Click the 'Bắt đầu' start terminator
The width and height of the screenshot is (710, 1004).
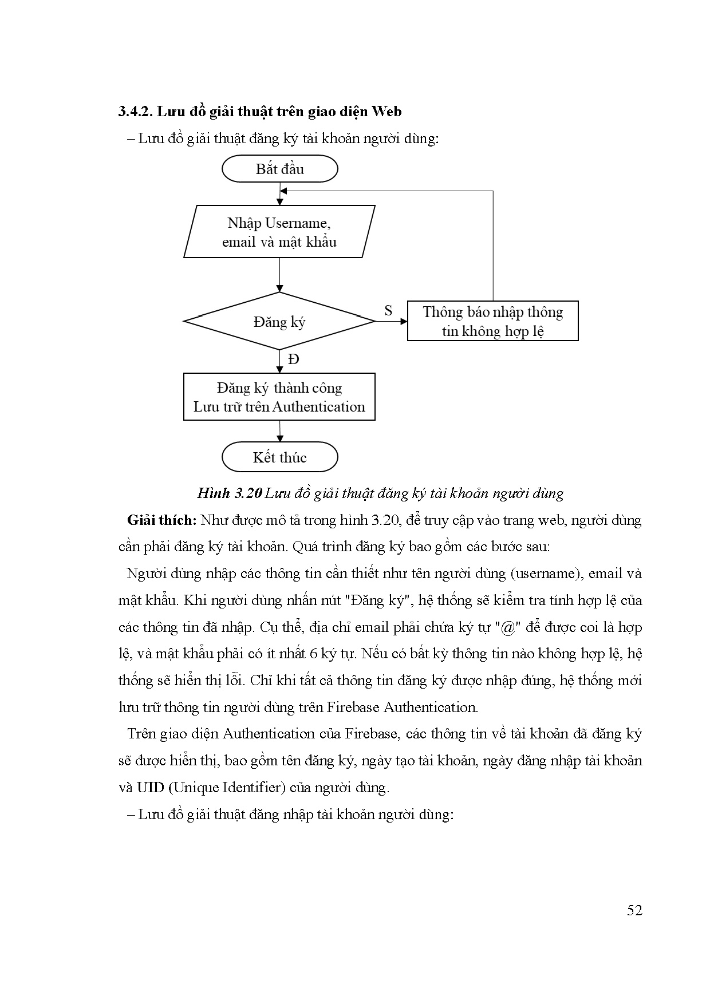point(279,169)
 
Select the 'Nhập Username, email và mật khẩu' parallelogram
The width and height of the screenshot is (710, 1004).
point(279,232)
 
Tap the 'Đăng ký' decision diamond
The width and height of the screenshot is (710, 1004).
point(279,322)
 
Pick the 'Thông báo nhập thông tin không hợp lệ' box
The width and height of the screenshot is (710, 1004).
point(492,321)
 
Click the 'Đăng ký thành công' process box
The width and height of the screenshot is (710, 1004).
point(279,397)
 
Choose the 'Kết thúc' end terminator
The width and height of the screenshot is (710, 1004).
point(279,457)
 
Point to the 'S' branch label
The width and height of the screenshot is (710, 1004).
point(388,311)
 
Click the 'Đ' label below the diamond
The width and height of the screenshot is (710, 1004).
point(293,359)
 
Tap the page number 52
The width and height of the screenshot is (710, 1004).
point(634,910)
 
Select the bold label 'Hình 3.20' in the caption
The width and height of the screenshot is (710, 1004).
point(229,493)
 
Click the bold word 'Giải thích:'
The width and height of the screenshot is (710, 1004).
point(162,520)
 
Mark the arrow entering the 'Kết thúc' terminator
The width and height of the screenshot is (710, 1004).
point(279,431)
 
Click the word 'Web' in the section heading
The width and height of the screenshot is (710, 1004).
point(386,112)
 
